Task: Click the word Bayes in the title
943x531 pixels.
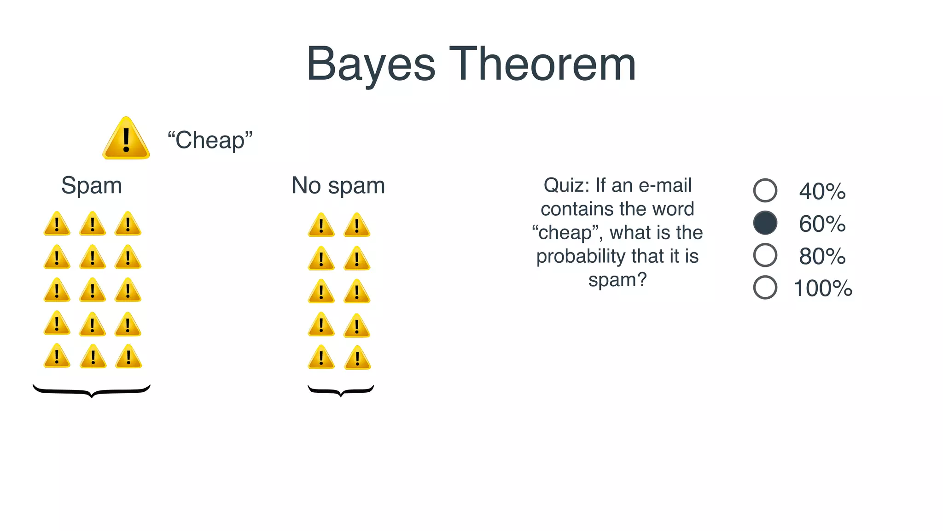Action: (371, 65)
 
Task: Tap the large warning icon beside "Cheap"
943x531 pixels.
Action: (126, 138)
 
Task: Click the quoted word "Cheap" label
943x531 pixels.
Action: (210, 140)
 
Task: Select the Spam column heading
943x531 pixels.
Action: (92, 185)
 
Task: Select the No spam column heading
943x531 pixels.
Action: (338, 185)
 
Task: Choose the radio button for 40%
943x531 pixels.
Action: (765, 190)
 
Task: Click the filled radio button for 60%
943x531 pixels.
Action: (765, 223)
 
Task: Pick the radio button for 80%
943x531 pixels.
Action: (765, 255)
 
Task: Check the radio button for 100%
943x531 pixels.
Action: (765, 287)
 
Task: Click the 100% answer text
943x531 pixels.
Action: (823, 288)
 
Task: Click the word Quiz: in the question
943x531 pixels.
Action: (566, 185)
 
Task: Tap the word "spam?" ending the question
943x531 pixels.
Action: (617, 279)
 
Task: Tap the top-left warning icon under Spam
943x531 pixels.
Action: (57, 224)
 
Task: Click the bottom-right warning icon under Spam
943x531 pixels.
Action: (128, 357)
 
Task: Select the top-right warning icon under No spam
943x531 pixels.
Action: (357, 225)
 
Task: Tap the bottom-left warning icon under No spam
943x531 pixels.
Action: (321, 358)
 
